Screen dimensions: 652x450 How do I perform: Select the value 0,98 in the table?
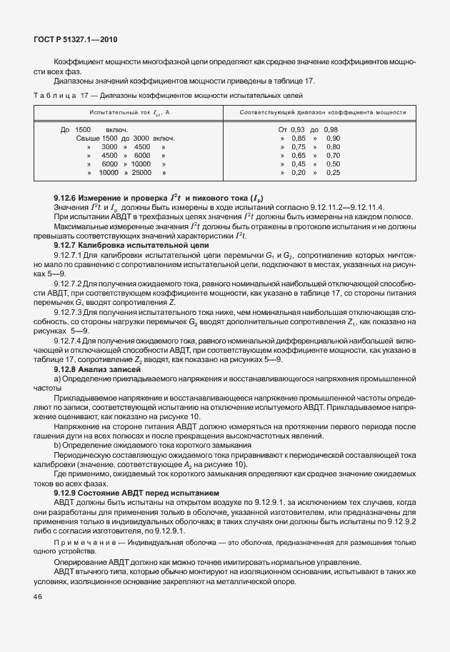pyautogui.click(x=331, y=129)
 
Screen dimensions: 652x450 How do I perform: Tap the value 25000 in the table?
pyautogui.click(x=141, y=172)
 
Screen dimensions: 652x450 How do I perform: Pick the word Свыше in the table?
pyautogui.click(x=87, y=138)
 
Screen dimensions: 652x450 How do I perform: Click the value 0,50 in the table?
pyautogui.click(x=333, y=164)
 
